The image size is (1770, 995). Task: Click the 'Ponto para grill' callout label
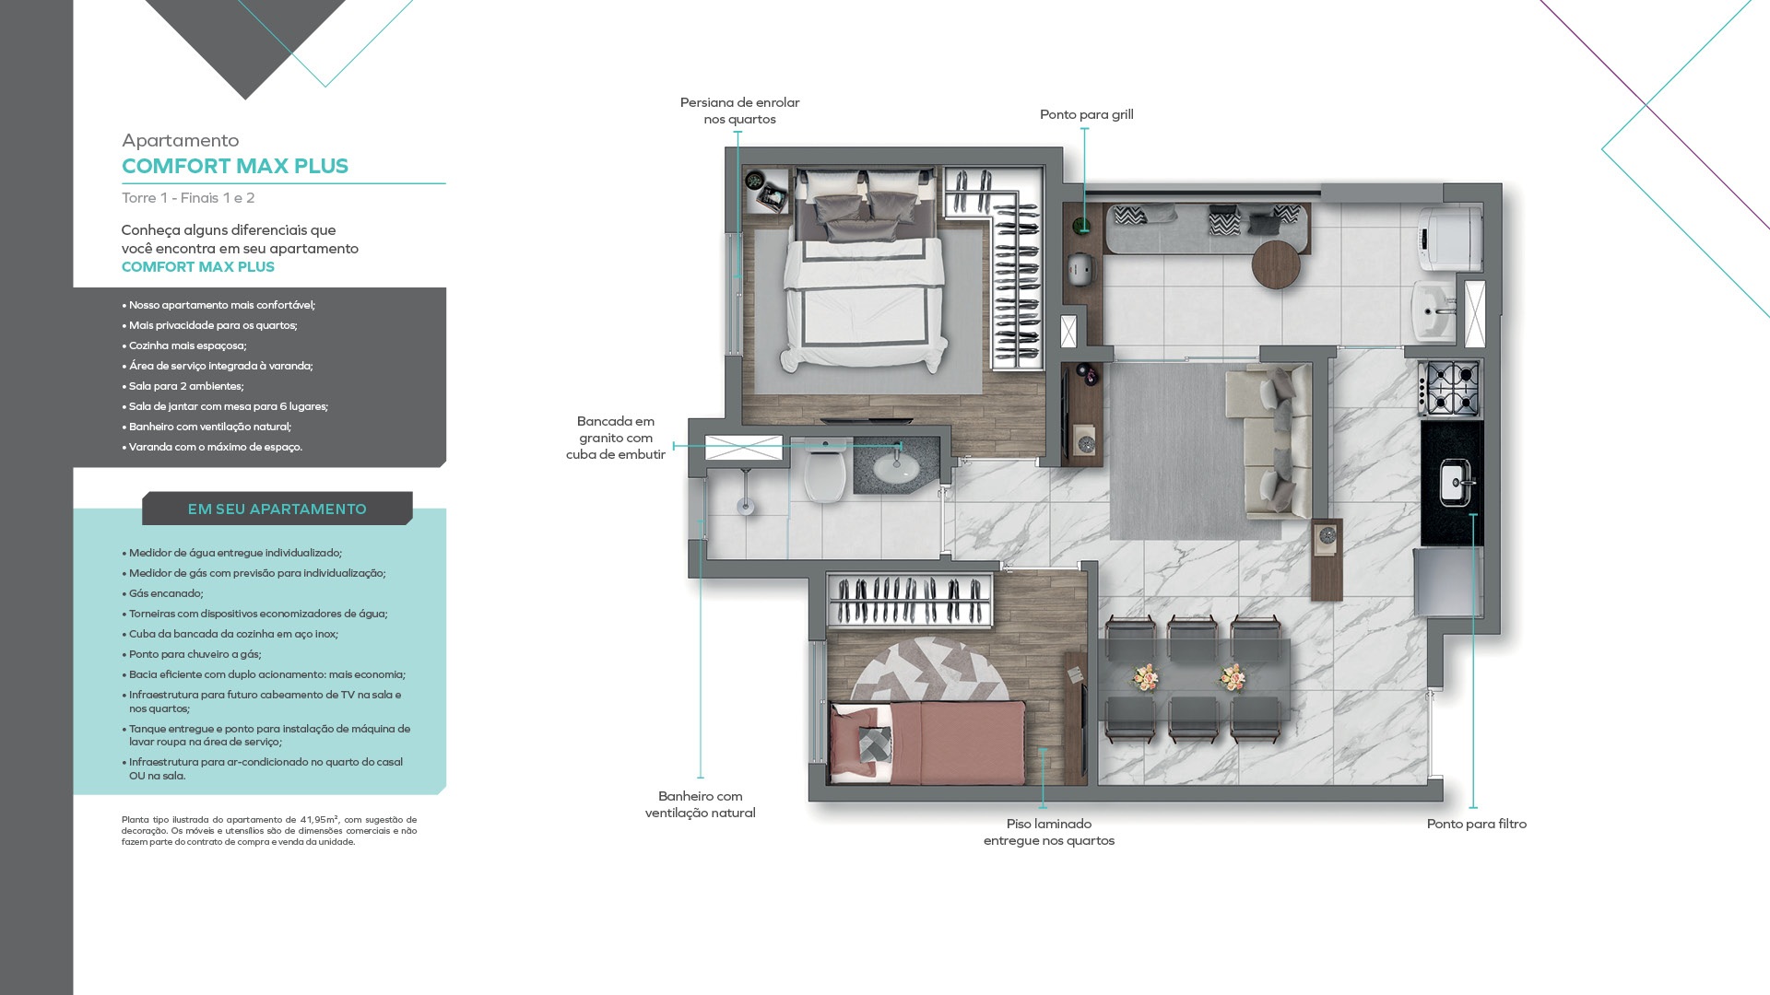click(1086, 114)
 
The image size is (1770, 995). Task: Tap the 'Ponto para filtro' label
click(1476, 824)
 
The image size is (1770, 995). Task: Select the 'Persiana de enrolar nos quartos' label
click(739, 111)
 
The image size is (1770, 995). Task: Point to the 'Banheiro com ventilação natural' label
click(700, 804)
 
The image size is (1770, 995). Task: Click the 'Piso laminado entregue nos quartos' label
click(1048, 832)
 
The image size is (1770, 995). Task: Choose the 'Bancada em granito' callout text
click(616, 429)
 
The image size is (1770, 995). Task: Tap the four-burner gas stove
click(1451, 388)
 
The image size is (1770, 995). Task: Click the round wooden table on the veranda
click(1276, 263)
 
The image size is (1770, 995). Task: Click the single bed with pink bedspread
click(927, 743)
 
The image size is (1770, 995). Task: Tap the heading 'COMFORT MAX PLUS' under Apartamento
click(235, 166)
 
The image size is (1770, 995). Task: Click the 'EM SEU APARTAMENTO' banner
click(277, 509)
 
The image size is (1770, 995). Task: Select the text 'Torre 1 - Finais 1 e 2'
click(188, 198)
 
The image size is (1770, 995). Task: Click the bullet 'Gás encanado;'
click(166, 593)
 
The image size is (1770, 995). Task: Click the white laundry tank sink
click(1434, 311)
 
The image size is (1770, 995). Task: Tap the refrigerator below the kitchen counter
click(1448, 580)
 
